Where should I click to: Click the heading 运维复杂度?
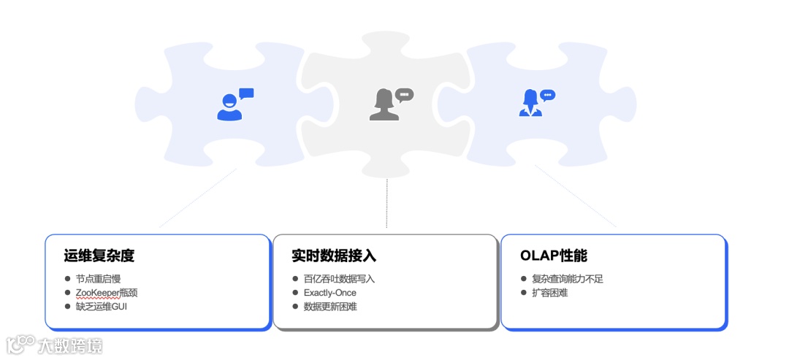click(99, 256)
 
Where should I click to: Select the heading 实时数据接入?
click(334, 256)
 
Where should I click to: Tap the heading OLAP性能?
click(554, 256)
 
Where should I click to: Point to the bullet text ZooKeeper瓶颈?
click(107, 293)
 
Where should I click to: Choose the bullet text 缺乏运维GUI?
click(102, 306)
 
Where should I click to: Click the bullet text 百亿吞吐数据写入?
click(339, 279)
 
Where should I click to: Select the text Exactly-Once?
click(330, 293)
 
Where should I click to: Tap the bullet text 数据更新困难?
click(330, 306)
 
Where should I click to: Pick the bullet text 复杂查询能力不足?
click(568, 279)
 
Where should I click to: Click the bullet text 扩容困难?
click(550, 293)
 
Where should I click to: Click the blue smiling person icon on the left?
click(230, 107)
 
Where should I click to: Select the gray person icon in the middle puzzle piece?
click(383, 106)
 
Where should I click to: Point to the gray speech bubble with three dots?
click(404, 94)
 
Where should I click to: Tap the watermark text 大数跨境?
click(71, 345)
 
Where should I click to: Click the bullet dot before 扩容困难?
click(524, 293)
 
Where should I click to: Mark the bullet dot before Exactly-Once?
click(296, 293)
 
